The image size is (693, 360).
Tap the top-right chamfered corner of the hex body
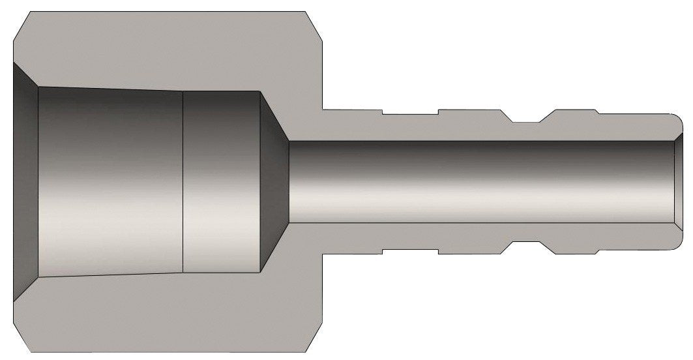[316, 23]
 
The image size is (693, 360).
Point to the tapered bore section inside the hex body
[111, 181]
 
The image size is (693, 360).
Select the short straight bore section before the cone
[222, 181]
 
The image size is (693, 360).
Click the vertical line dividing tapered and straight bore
[183, 181]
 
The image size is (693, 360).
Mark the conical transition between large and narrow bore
[274, 181]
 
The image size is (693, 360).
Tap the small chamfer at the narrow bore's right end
[679, 181]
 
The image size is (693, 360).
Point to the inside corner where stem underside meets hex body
[324, 252]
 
